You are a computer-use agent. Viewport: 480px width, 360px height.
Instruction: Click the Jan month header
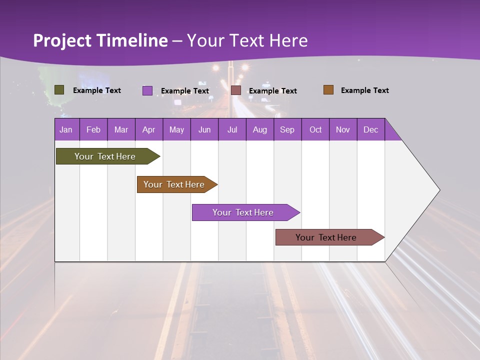[66, 129]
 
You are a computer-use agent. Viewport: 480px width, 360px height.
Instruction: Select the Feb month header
[93, 129]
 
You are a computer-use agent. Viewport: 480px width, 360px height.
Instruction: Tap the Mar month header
[121, 129]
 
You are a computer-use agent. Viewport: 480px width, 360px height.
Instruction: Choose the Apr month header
[149, 129]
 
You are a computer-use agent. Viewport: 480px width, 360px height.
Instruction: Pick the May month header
[176, 129]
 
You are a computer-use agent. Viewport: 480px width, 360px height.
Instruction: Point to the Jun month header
[204, 129]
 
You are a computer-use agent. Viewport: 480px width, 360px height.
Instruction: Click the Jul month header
[232, 129]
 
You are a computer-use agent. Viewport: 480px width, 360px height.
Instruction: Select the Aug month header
[260, 129]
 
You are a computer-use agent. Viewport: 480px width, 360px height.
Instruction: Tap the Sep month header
[287, 129]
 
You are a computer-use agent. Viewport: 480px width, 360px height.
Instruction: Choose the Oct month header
[315, 129]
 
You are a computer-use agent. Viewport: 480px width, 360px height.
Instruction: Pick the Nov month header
[343, 129]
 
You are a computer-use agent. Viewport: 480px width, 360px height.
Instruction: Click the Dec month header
[371, 129]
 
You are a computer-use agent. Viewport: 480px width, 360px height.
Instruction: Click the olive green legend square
[59, 90]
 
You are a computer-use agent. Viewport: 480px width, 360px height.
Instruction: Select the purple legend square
[147, 90]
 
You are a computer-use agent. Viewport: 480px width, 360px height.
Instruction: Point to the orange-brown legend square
[328, 90]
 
